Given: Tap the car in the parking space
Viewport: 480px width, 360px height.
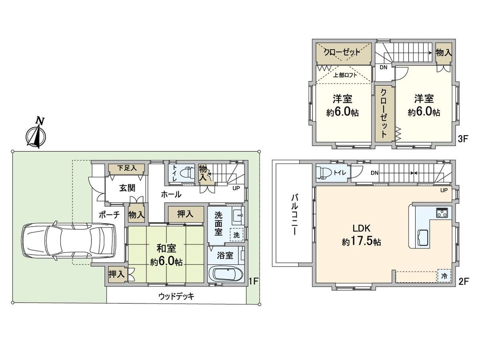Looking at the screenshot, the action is (x=69, y=240).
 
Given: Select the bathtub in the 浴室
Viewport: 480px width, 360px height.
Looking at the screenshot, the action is (x=226, y=273).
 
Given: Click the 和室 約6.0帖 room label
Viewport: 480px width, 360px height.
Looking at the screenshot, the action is (x=166, y=255).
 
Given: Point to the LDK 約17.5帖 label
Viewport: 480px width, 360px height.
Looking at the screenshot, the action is (x=361, y=235).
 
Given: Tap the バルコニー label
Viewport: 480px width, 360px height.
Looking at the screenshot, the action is (x=294, y=214).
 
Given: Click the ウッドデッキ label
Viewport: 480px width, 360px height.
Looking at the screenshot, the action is (x=176, y=296).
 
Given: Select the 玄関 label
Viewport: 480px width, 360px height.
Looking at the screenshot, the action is (x=128, y=188).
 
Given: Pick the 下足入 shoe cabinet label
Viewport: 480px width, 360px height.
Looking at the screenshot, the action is (x=127, y=168).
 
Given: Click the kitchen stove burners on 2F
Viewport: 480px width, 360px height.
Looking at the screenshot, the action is (x=442, y=212).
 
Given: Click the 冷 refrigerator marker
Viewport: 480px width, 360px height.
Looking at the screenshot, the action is (x=444, y=276).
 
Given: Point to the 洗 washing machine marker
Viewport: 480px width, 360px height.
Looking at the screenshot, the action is (x=236, y=235).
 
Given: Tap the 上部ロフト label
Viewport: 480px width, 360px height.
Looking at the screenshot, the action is (x=345, y=75).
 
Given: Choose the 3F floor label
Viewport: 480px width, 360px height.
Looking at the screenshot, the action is (x=463, y=139).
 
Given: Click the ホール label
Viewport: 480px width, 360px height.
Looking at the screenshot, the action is (x=171, y=194).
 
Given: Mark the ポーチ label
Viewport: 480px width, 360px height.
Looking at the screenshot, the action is (x=109, y=215).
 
